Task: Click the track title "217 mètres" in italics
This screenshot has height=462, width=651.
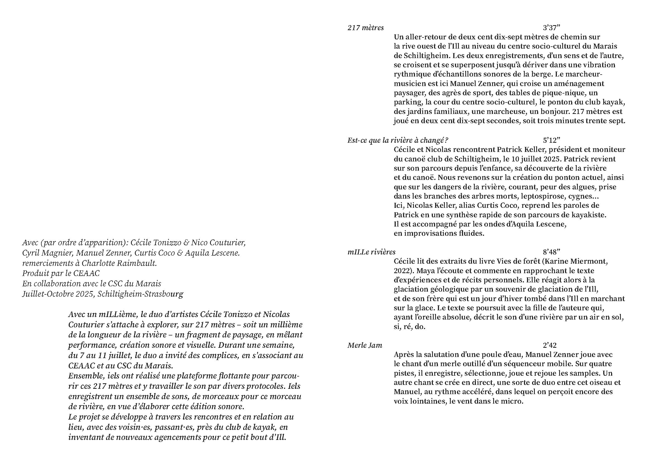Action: point(366,28)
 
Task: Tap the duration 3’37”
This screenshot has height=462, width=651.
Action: point(552,28)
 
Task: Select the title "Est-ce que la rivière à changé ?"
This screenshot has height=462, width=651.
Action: point(398,140)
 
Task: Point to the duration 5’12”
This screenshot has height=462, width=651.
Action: point(552,140)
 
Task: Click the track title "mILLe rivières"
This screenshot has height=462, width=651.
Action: point(371,252)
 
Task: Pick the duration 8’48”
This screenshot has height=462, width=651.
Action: point(552,252)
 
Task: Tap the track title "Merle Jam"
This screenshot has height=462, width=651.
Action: point(365,345)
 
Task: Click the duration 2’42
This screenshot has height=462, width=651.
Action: point(549,345)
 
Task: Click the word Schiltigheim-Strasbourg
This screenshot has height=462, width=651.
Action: point(140,294)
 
